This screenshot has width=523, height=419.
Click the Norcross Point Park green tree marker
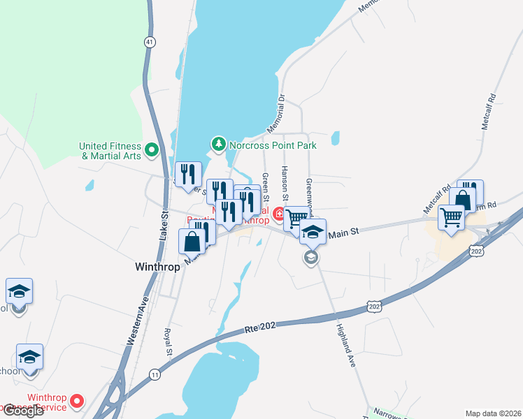click(219, 145)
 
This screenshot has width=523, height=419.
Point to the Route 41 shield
click(150, 43)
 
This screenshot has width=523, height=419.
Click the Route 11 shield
click(153, 375)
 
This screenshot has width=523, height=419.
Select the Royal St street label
click(168, 342)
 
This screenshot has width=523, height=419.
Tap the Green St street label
click(265, 185)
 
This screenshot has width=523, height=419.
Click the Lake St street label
click(164, 226)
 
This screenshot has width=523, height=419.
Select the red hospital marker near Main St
click(279, 214)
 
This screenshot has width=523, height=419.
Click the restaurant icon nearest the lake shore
click(187, 175)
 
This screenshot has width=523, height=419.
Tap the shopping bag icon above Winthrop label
click(192, 241)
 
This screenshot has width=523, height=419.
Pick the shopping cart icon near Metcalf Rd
click(451, 217)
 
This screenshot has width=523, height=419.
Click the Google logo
click(22, 411)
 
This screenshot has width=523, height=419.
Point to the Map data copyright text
click(493, 413)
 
